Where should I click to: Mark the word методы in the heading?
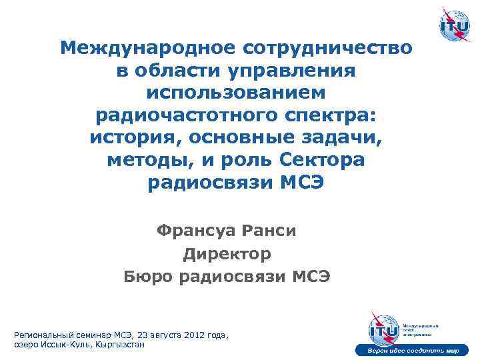tap(142, 161)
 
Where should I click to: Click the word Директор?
tap(227, 253)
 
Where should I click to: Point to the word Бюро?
tap(149, 276)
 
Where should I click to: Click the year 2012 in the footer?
tap(188, 335)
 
